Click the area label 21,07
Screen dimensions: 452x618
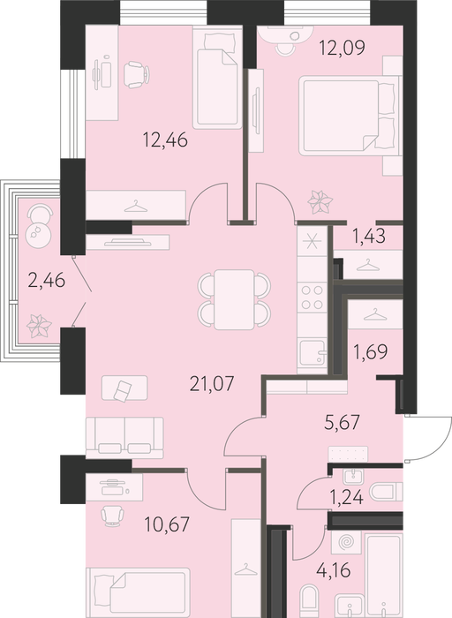point(212,383)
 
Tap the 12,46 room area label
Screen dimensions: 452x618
point(165,139)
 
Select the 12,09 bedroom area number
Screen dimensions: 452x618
point(342,48)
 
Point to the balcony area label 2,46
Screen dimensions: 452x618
point(47,281)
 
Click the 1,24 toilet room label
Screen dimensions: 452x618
point(346,497)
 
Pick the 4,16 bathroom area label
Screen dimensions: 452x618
point(334,570)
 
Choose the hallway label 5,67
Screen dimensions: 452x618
point(343,423)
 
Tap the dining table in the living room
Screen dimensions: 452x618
point(234,299)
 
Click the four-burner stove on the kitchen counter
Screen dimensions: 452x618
point(313,298)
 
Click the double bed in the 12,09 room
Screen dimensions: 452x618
point(349,116)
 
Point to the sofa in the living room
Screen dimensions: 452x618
point(124,438)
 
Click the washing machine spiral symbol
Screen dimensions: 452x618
point(346,542)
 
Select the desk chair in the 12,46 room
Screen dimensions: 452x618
point(136,74)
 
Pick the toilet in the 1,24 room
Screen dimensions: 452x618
point(386,493)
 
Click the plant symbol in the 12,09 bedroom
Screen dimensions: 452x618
point(320,202)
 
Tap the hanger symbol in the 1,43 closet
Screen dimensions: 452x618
point(367,265)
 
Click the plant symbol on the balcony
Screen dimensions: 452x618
point(39,326)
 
